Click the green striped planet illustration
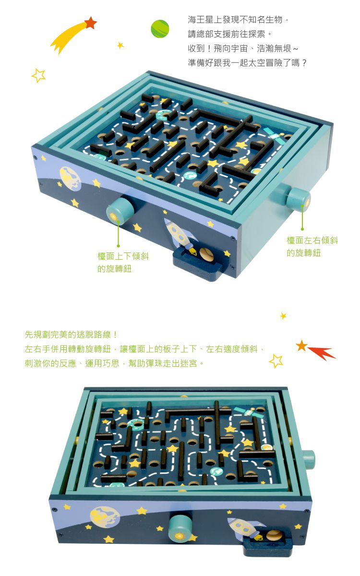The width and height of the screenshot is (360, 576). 160,28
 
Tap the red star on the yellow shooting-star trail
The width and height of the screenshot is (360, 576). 91,23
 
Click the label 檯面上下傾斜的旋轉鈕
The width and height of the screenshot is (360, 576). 123,263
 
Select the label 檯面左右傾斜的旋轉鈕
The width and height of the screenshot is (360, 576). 312,247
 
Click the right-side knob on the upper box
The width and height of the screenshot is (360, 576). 298,199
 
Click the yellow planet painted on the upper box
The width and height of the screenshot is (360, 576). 70,179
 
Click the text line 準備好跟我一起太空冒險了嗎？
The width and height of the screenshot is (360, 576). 247,63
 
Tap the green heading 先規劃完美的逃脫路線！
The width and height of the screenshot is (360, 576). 71,335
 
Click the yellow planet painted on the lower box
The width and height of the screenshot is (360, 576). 105,517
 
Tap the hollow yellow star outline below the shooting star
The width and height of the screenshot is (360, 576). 38,75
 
